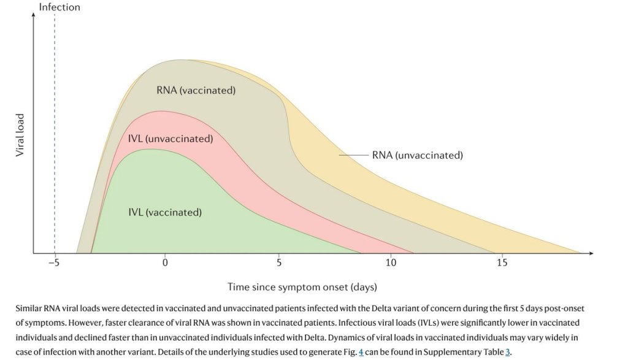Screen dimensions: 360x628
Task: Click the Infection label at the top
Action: click(x=59, y=7)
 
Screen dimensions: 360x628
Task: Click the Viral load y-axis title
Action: click(x=19, y=135)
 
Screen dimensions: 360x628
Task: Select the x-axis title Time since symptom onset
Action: click(x=302, y=286)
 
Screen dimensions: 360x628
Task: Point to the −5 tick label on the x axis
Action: click(x=54, y=263)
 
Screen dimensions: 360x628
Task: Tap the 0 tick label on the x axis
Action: click(x=164, y=263)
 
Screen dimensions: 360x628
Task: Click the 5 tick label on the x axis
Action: click(x=278, y=263)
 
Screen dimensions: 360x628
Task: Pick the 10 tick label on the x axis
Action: click(x=391, y=263)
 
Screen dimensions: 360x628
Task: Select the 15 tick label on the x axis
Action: click(x=502, y=263)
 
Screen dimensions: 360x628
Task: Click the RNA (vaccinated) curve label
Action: click(x=196, y=90)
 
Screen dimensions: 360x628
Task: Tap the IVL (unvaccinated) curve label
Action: click(x=170, y=139)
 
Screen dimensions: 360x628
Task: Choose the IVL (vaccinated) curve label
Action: click(x=164, y=213)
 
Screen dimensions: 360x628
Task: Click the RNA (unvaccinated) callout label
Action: click(x=417, y=155)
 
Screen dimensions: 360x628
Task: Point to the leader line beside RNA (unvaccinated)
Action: click(x=353, y=155)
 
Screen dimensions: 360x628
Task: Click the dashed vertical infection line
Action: click(x=55, y=123)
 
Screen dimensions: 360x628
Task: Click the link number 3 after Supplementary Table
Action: click(x=507, y=353)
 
